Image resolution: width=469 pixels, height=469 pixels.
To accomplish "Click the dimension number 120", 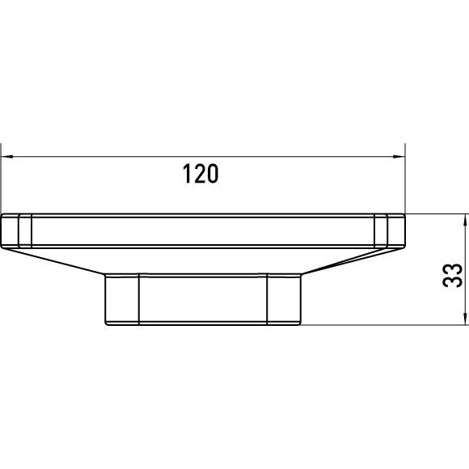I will [x=202, y=174].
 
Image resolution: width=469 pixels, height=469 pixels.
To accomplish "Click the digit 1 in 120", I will [x=188, y=174].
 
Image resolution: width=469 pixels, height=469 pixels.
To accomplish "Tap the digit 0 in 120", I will [x=213, y=174].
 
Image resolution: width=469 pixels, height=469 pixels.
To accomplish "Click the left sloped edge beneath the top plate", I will [x=57, y=260].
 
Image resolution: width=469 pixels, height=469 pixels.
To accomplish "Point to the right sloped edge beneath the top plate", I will [x=348, y=260].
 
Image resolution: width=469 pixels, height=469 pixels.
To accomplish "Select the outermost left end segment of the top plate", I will [x=11, y=230].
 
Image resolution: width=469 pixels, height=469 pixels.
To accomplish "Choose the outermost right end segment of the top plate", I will [x=396, y=230].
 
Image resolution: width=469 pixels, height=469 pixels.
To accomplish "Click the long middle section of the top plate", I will [x=202, y=230].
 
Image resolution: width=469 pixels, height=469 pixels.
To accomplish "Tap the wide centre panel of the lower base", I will [x=202, y=300].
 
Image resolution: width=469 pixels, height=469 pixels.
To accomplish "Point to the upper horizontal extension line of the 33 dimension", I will [x=437, y=214].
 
